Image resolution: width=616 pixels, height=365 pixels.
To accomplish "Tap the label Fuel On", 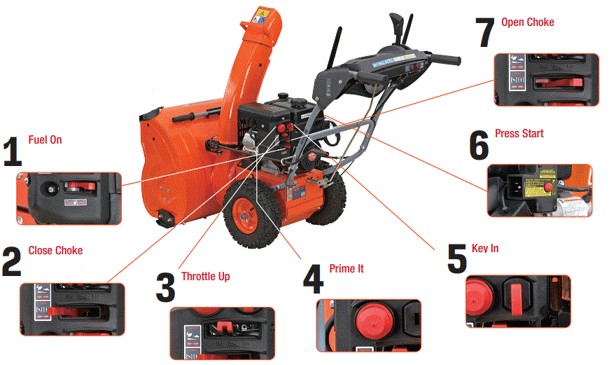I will point(45,140).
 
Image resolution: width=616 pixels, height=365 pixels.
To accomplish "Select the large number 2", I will point(12,263).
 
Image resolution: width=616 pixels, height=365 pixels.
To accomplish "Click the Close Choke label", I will point(55,251).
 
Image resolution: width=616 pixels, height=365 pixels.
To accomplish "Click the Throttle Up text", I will point(206,277).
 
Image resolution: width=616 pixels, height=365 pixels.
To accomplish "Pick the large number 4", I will point(312,280).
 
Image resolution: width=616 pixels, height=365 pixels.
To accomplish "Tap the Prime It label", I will point(346,269).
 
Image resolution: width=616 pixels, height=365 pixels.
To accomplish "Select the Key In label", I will point(486,249).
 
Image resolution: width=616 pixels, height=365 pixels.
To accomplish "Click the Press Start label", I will point(519,134).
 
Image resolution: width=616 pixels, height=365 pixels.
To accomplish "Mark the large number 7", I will point(485,34).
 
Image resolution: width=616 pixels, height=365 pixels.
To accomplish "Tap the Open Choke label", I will point(528,22).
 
